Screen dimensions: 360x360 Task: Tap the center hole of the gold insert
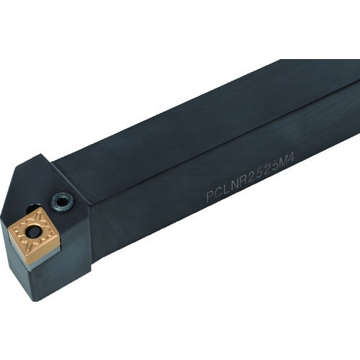35,231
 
